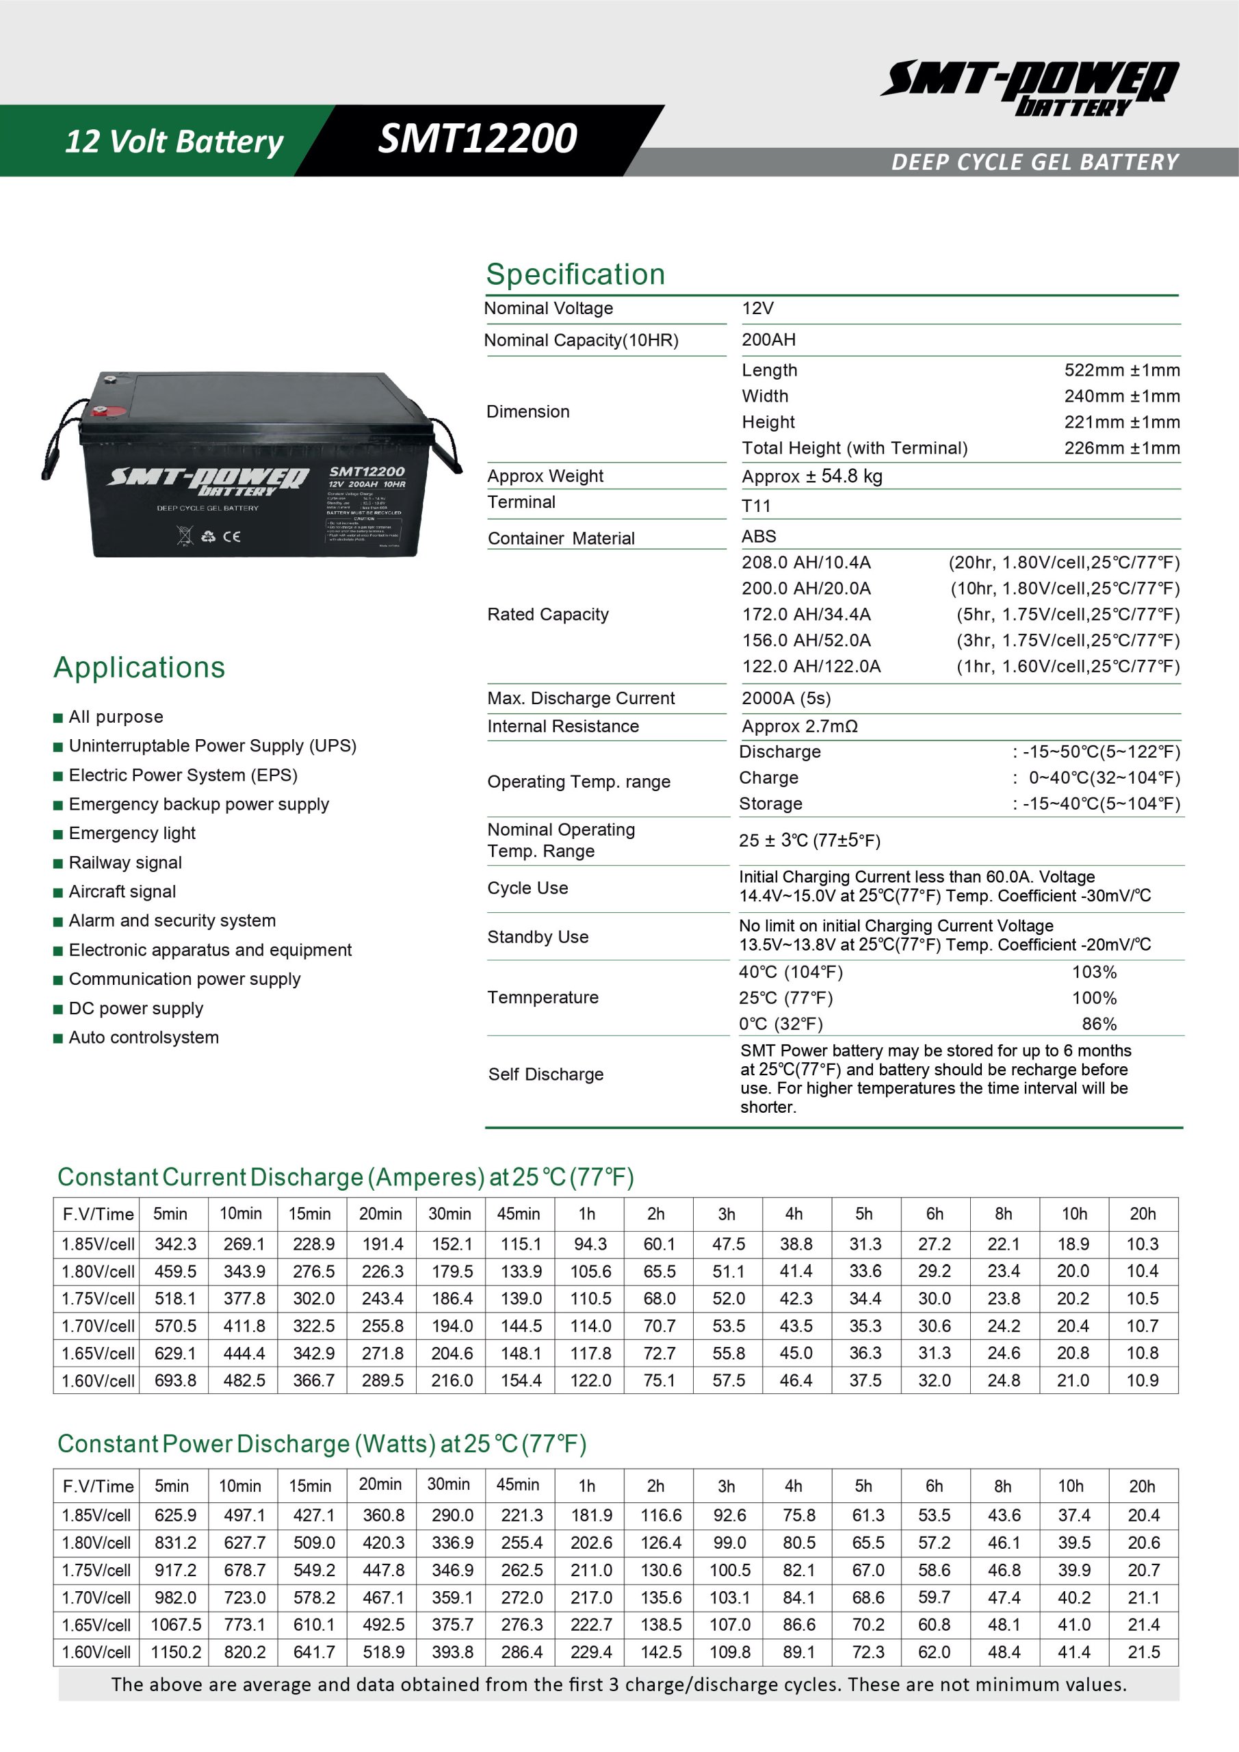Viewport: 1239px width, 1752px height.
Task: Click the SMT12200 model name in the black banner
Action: [x=478, y=139]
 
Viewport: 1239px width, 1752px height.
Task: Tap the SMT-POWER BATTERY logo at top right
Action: [x=1029, y=88]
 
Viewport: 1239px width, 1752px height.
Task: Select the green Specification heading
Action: [x=575, y=274]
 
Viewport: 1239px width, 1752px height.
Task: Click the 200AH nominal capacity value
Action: [x=768, y=340]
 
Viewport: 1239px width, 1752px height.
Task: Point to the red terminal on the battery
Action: [x=99, y=412]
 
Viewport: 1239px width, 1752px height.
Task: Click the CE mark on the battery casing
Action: [x=232, y=537]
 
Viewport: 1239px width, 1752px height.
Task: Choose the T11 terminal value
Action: [x=756, y=506]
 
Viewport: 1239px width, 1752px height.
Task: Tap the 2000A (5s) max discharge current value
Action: [x=786, y=698]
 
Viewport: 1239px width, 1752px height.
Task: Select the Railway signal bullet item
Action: [x=125, y=863]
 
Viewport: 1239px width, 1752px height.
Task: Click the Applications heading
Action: [x=140, y=668]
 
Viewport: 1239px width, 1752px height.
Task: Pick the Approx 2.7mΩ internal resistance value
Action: [x=800, y=726]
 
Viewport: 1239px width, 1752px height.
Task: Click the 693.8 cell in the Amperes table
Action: [x=174, y=1380]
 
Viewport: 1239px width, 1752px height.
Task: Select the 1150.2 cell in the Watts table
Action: [x=175, y=1652]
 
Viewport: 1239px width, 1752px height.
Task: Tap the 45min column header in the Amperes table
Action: [x=518, y=1214]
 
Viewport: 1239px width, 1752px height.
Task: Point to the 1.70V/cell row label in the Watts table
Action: [x=97, y=1597]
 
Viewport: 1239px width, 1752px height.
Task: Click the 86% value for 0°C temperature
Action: [x=1099, y=1024]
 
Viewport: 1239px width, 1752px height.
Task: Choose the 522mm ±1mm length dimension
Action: [x=1121, y=371]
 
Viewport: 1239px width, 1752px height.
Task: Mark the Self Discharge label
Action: [x=545, y=1074]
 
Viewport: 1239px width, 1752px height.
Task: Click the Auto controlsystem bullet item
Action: [x=144, y=1038]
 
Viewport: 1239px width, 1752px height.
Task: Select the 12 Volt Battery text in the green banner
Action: [x=174, y=142]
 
